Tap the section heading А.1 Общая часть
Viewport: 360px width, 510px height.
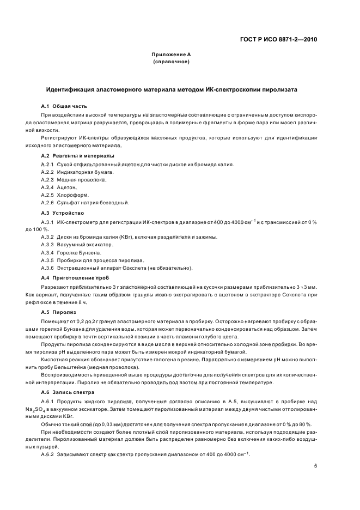[64, 106]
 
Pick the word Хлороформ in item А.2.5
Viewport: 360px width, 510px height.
[72, 195]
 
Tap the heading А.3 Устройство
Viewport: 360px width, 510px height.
[63, 212]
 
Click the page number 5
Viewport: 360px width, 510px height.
[315, 465]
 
